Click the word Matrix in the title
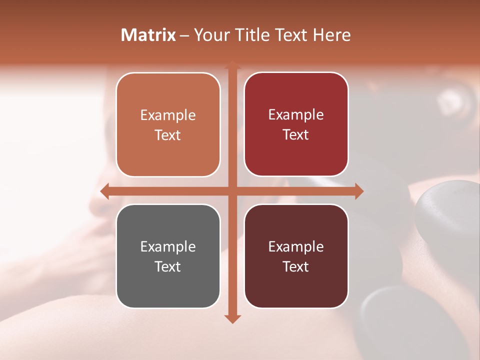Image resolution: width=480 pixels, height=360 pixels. [x=148, y=35]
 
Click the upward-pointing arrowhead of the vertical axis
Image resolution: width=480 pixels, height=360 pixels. [x=232, y=65]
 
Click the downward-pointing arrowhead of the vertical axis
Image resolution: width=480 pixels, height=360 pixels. [x=232, y=318]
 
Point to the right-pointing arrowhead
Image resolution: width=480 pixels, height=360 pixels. [x=358, y=190]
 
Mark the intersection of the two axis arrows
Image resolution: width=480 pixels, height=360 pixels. [x=232, y=190]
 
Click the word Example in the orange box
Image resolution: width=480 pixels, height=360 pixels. [x=168, y=115]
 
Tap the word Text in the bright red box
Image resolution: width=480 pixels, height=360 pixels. [x=296, y=135]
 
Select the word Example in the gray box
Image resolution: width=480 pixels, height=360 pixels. [x=168, y=247]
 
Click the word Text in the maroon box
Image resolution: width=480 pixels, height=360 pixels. [x=296, y=266]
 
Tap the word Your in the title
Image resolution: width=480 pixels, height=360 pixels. [x=211, y=35]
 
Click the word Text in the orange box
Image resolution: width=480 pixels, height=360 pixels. [x=168, y=135]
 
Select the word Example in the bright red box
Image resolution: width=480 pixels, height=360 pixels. [x=296, y=115]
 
